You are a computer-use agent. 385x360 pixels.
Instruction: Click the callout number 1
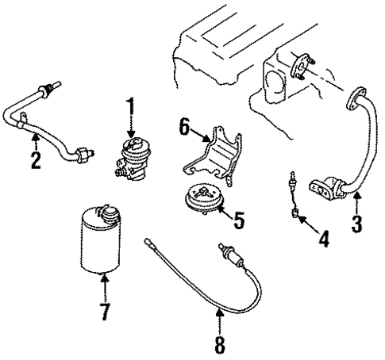point(131,107)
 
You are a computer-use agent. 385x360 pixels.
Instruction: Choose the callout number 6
point(184,127)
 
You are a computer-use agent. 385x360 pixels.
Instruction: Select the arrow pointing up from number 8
point(220,321)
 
